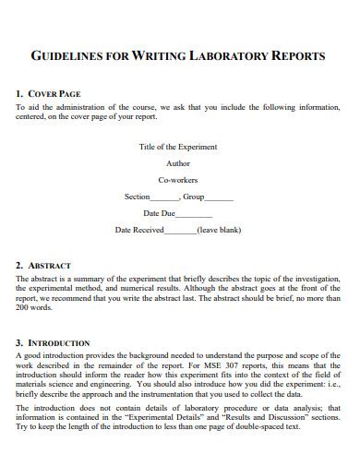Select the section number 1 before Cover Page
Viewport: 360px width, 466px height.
(x=19, y=94)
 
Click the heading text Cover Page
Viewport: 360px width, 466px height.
(x=55, y=94)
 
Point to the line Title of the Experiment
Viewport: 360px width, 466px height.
(x=179, y=147)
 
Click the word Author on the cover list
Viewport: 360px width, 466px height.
(x=178, y=163)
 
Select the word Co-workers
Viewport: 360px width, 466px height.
(x=178, y=180)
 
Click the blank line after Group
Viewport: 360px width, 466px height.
(x=220, y=198)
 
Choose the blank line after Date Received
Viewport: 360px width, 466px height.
(x=180, y=232)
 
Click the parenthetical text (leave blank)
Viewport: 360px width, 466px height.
(x=220, y=231)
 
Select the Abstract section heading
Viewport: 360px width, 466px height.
(x=49, y=266)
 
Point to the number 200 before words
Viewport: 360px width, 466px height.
(x=23, y=307)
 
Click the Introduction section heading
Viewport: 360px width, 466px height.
(x=57, y=342)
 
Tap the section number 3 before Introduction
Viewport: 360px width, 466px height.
(x=19, y=342)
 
